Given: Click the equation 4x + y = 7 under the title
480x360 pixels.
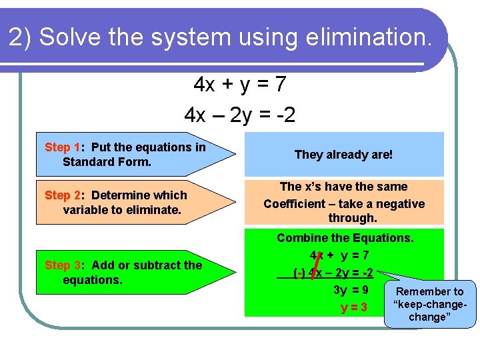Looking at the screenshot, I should coord(240,85).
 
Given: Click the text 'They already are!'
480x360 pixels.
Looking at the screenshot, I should coord(343,155).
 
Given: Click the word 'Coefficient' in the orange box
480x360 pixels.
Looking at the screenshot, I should coord(297,204).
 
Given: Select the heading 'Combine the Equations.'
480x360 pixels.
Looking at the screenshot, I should coord(345,238).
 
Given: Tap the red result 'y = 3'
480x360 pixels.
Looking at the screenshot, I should coord(354,307).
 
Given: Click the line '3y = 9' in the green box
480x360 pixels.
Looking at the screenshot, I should coord(351,290).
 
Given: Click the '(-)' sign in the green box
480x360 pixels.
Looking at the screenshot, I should coord(299,273).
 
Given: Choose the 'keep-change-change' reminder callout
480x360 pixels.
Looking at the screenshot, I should coord(430,305).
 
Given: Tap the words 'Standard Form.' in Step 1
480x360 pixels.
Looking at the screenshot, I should coord(107,162).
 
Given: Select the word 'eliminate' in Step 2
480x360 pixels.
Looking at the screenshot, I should coord(155,210).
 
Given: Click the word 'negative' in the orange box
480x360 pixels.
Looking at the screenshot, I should coord(400,204).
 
